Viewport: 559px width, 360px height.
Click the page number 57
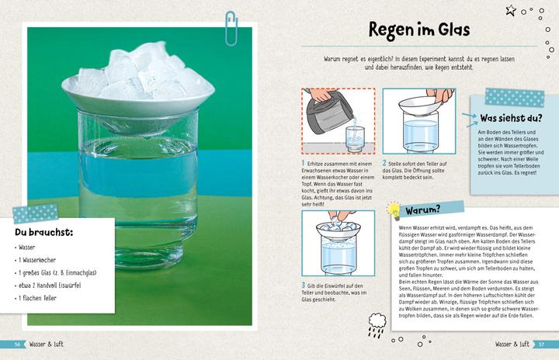(x=543, y=344)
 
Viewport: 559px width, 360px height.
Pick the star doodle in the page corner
(x=512, y=10)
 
